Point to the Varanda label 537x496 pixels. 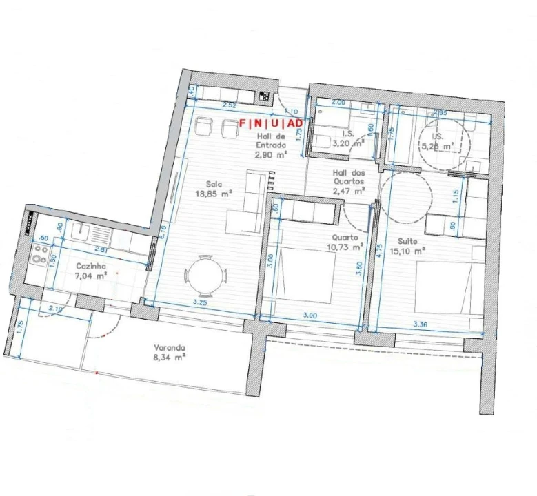pos(170,348)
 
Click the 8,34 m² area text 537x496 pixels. pos(170,358)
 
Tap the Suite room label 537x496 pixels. pos(407,241)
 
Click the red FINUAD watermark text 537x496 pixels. pos(271,123)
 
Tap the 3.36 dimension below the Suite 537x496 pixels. pos(421,323)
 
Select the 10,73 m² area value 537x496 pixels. pos(348,247)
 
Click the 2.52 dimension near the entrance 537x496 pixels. pos(230,105)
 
